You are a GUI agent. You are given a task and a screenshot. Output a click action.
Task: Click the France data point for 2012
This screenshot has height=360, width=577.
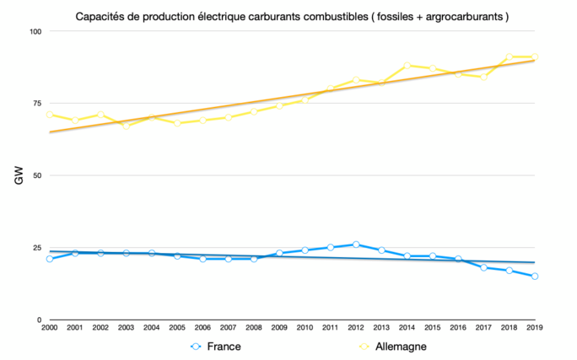point(356,244)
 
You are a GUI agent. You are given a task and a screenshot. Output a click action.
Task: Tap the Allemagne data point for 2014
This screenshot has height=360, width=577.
point(407,65)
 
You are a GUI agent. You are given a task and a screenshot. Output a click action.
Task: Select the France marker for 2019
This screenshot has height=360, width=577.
point(535,277)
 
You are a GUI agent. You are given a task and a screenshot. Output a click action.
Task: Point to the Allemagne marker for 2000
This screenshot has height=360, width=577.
point(50,114)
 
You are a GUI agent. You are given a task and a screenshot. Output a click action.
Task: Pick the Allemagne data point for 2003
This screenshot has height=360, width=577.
point(127,126)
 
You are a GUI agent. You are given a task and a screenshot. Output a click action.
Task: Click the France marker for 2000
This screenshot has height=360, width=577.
point(50,259)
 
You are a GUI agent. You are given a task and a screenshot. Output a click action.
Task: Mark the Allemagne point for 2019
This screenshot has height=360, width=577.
point(535,56)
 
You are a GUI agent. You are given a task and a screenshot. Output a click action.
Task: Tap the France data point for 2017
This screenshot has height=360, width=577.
point(483,267)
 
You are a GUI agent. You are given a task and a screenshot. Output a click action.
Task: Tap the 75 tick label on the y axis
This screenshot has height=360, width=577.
point(36,103)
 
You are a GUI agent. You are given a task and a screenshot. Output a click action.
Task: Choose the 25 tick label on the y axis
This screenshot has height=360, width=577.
point(36,248)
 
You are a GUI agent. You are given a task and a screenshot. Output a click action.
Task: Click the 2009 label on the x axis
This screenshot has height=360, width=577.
point(279,328)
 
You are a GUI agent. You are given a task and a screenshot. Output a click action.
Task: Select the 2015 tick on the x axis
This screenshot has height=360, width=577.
point(433,328)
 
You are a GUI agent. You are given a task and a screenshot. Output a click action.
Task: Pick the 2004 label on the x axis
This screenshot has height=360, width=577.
point(152,328)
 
